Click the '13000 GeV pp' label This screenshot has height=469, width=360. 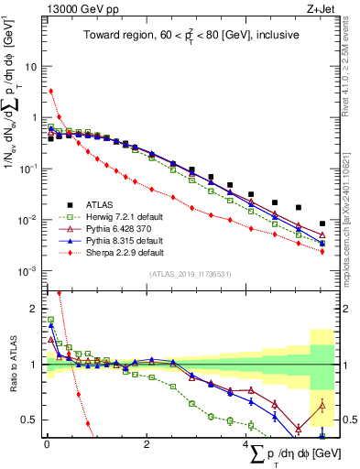(76, 10)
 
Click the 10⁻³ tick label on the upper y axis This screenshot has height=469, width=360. (29, 270)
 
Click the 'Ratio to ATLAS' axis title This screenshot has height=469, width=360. (12, 364)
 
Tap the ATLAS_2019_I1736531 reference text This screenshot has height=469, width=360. (183, 275)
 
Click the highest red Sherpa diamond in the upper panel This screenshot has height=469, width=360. (51, 91)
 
